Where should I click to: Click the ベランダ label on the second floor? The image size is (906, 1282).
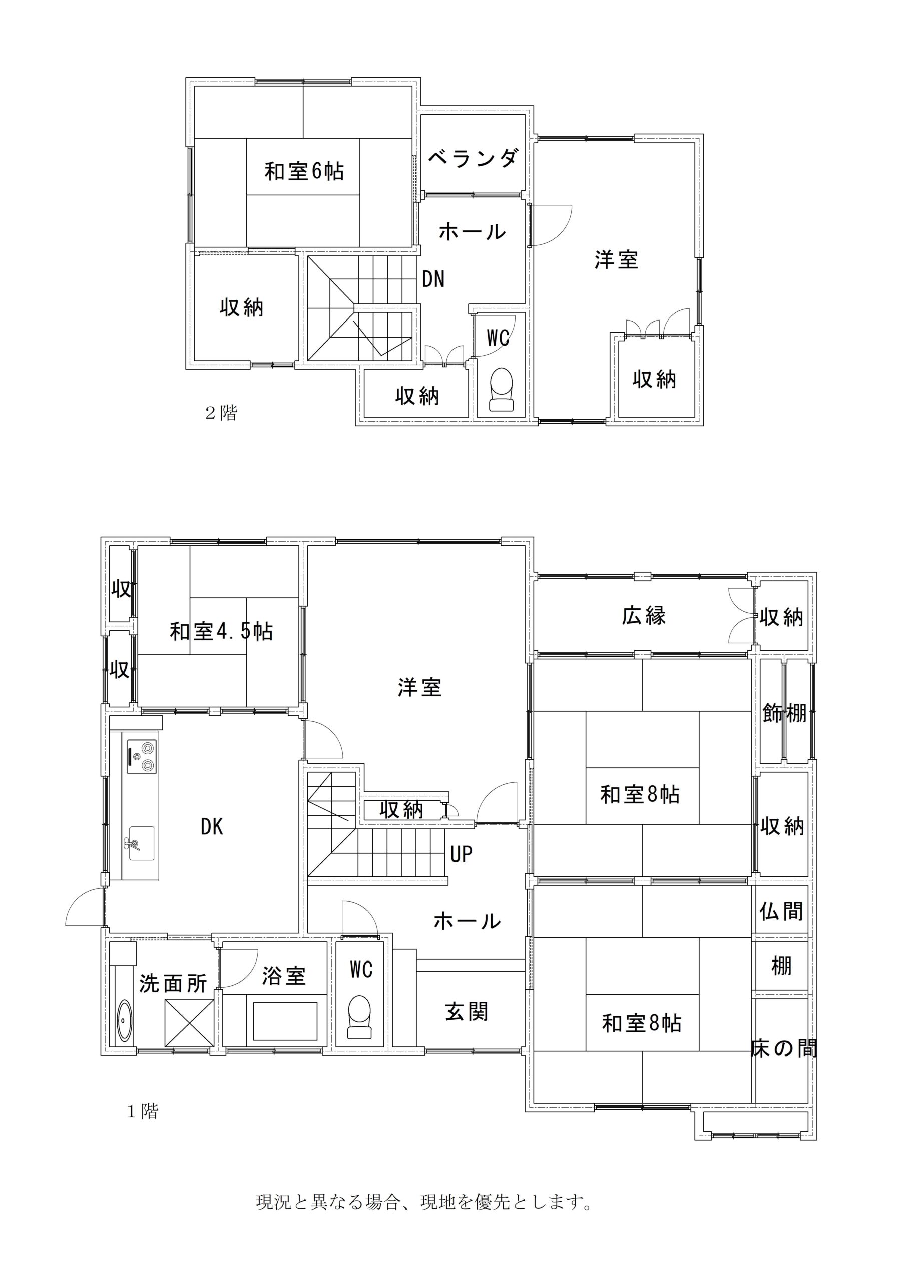click(474, 159)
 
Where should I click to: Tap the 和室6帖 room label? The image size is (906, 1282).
click(304, 171)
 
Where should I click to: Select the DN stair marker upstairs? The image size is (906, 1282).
click(433, 279)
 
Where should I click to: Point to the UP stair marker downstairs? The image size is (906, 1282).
click(461, 854)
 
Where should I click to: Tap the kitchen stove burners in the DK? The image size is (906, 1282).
click(142, 757)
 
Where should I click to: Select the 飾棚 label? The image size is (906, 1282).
click(784, 713)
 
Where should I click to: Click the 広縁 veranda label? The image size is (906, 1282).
click(644, 615)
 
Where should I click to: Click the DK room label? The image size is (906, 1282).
click(212, 827)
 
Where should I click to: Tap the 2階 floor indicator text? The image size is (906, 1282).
click(222, 413)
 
